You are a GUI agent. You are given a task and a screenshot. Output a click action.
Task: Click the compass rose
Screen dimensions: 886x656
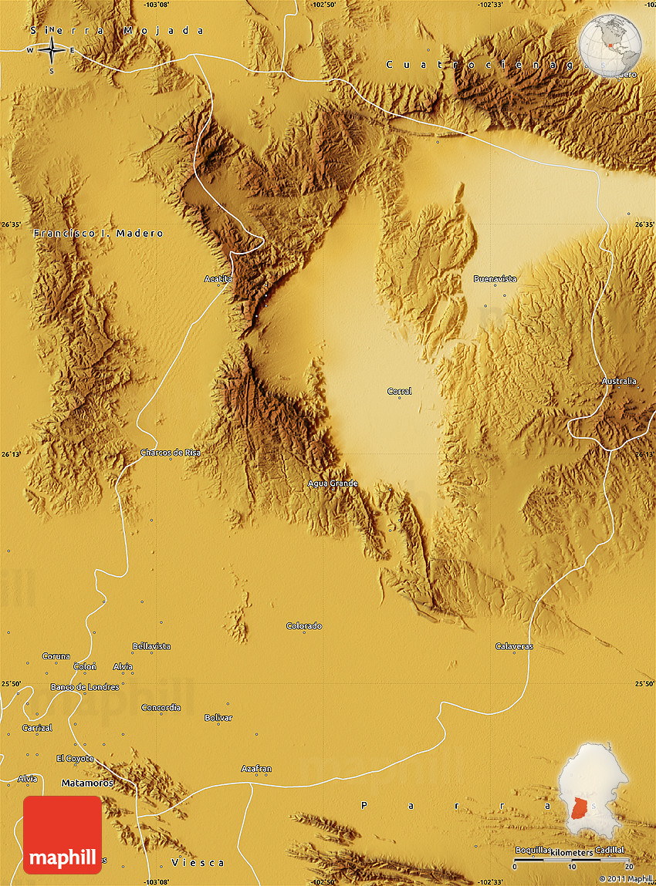(51, 51)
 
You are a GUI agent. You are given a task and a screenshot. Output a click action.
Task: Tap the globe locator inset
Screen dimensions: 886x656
(610, 42)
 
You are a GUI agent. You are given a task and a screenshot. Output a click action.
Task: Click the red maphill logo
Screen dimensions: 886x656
(63, 834)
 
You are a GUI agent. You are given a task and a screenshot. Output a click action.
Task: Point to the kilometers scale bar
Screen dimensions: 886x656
(571, 858)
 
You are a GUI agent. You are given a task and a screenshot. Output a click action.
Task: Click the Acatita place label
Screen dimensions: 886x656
(218, 278)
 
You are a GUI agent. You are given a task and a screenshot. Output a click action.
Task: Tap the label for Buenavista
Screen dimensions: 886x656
(495, 278)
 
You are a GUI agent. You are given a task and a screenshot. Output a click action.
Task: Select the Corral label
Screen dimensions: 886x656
(399, 392)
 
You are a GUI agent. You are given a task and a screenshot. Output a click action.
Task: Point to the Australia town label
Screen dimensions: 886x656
(619, 381)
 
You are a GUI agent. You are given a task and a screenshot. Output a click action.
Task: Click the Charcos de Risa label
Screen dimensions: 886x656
(170, 453)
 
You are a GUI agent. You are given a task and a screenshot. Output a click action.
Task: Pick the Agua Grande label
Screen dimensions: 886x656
(333, 483)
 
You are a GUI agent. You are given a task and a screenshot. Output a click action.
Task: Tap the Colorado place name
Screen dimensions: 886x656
(304, 626)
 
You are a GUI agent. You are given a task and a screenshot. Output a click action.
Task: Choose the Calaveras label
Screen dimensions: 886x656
(514, 646)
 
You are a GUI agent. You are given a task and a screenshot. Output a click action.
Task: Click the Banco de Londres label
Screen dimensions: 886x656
(85, 687)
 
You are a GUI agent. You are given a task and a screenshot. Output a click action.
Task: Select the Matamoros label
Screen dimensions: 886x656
(86, 783)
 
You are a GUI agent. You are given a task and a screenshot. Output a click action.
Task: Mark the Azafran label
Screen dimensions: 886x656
(256, 769)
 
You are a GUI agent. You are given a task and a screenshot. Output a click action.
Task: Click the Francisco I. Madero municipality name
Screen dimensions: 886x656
(98, 233)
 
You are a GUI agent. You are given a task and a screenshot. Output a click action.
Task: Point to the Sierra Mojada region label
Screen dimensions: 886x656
(117, 31)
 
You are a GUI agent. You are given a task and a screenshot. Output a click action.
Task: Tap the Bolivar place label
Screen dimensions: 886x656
(218, 718)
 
